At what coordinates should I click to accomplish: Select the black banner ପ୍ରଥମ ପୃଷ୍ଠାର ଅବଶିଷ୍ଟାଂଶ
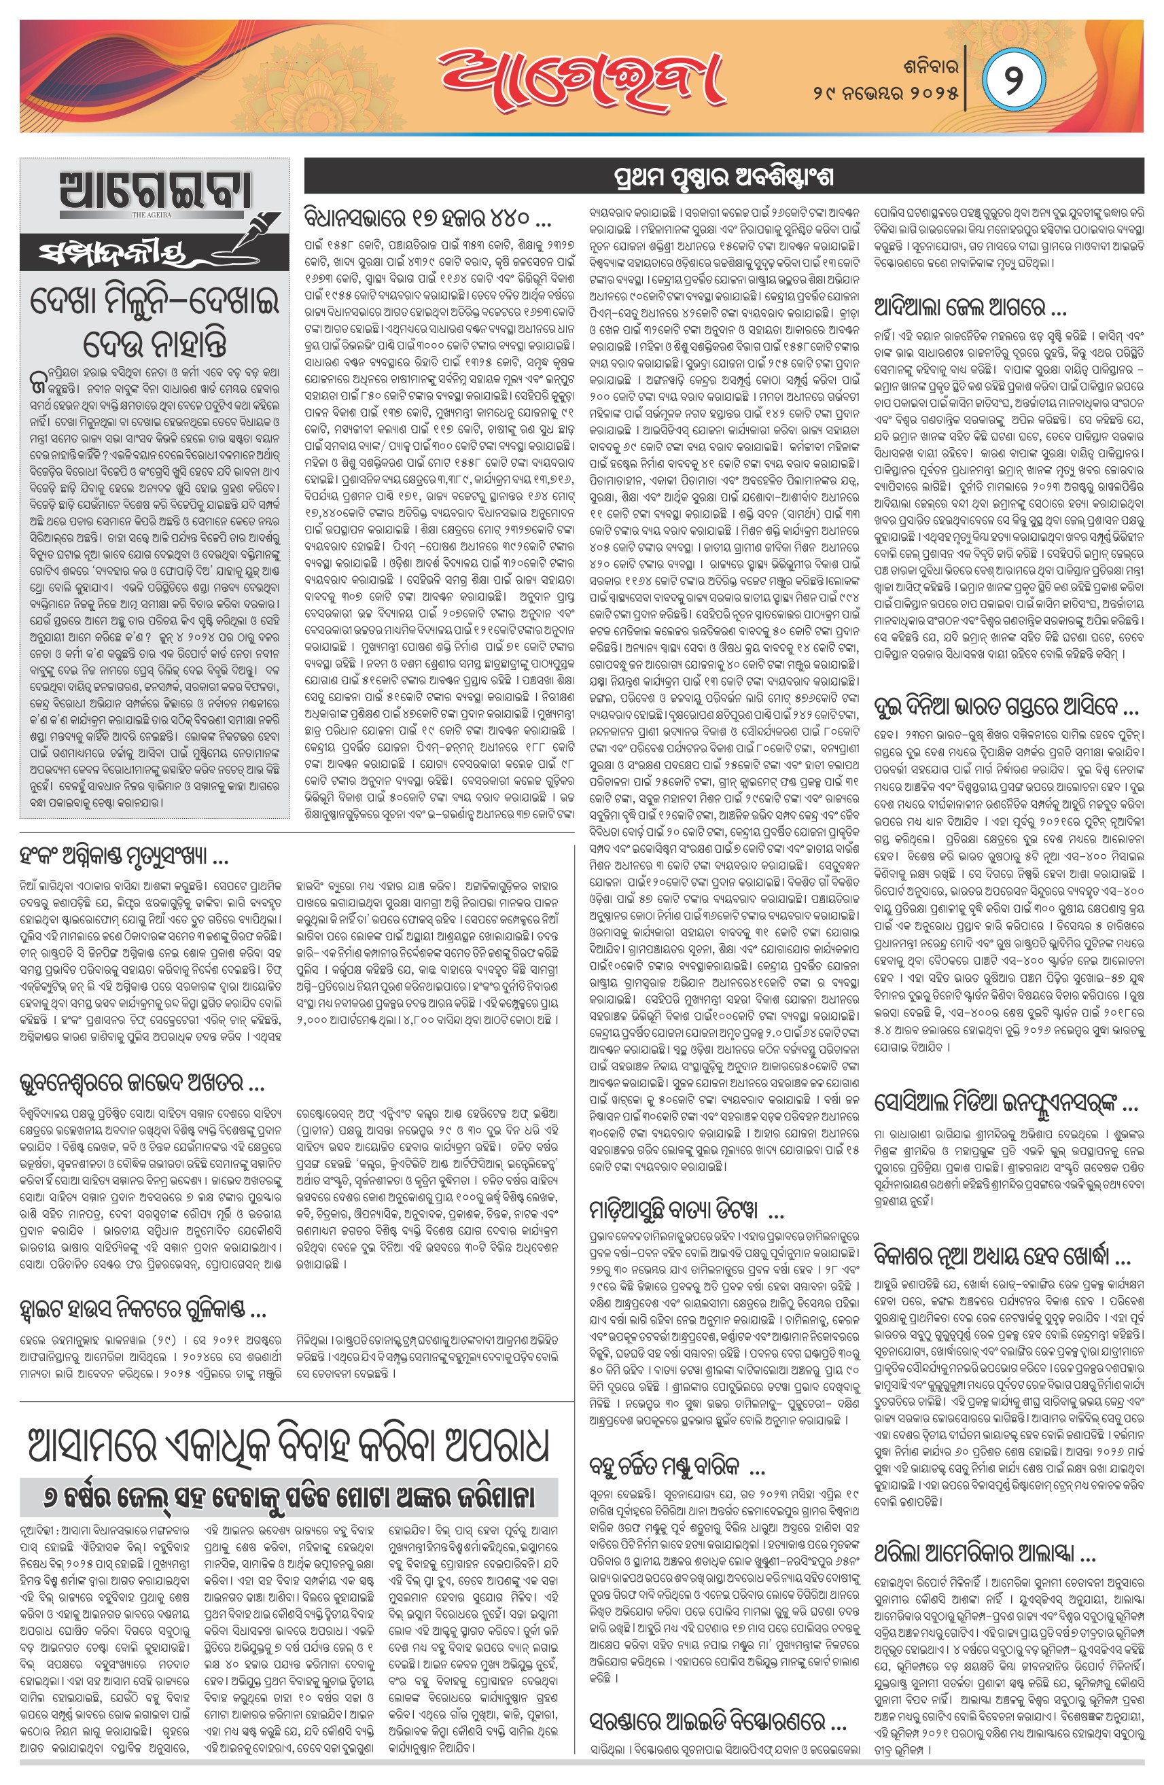click(724, 179)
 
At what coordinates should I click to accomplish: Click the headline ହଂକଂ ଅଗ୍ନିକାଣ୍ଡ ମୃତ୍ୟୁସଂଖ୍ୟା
click(124, 858)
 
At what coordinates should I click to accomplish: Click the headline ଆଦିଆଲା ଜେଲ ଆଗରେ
click(971, 308)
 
